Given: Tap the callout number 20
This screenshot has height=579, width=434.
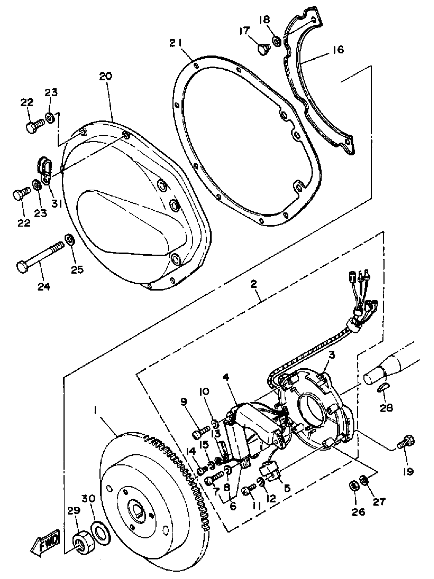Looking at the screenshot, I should tap(105, 76).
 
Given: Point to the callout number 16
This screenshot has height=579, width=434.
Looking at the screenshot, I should tap(339, 49).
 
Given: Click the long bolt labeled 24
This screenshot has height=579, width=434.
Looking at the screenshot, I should tap(39, 254).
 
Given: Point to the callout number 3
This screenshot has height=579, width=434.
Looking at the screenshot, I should tap(332, 355).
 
